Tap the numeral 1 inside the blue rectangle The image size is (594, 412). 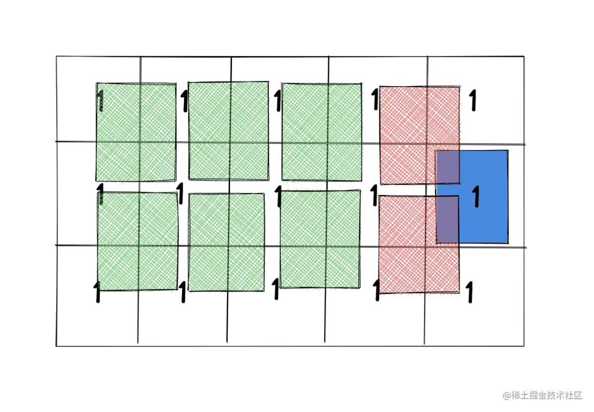[476, 196]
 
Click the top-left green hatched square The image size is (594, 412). [136, 132]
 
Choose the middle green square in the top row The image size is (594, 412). [229, 131]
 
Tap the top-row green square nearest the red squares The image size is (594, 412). [321, 132]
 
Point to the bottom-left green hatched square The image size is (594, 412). [137, 241]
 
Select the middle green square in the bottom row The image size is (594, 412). [227, 242]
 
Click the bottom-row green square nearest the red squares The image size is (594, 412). [320, 239]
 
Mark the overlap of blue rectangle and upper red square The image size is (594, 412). [448, 167]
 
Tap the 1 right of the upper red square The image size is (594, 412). [473, 101]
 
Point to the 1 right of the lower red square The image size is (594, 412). [469, 292]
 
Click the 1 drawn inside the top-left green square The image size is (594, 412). [101, 101]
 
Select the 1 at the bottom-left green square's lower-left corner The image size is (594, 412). [97, 292]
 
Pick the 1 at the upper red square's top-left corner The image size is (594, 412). [375, 99]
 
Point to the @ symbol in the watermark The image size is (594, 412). [507, 396]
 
